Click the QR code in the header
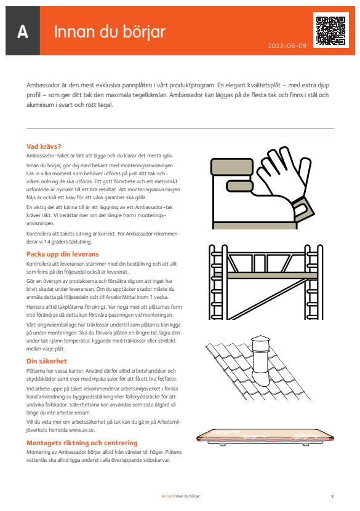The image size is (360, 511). click(x=330, y=30)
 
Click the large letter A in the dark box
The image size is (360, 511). click(x=23, y=32)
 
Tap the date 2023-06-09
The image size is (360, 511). click(x=287, y=46)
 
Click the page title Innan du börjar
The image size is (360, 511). click(x=110, y=32)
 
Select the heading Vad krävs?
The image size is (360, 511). click(x=44, y=146)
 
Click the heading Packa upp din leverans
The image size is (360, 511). click(x=62, y=254)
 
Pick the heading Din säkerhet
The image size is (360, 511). click(x=46, y=361)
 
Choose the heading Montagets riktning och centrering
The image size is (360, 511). click(x=82, y=443)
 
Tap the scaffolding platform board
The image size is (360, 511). click(x=265, y=275)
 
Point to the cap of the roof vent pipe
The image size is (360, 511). click(x=260, y=339)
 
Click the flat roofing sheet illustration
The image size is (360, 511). click(x=265, y=437)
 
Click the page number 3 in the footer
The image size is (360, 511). click(x=332, y=497)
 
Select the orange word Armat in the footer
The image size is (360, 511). click(x=167, y=496)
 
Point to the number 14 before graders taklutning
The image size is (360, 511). click(x=47, y=242)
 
